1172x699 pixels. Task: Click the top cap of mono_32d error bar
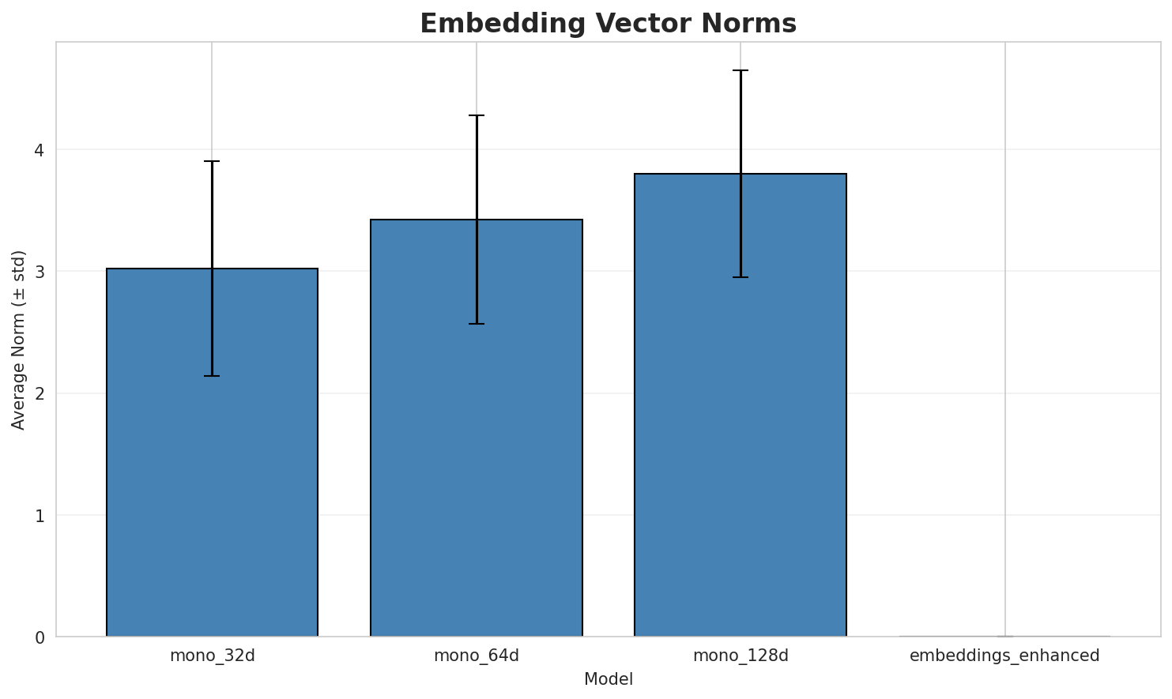pos(212,161)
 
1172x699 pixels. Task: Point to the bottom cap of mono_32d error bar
pos(212,376)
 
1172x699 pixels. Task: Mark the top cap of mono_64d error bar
pos(477,115)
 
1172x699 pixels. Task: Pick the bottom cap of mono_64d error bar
pos(477,324)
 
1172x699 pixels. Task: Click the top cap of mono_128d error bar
pos(741,70)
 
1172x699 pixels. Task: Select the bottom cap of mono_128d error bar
pos(741,277)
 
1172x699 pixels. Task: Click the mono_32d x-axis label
pos(212,656)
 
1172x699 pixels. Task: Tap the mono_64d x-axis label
pos(477,656)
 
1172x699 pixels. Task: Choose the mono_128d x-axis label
pos(741,656)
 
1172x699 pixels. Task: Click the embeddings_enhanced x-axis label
pos(1004,656)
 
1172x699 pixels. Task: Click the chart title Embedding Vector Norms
pos(608,24)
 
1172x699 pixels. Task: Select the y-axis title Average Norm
pos(19,340)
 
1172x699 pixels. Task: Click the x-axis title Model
pos(608,679)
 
